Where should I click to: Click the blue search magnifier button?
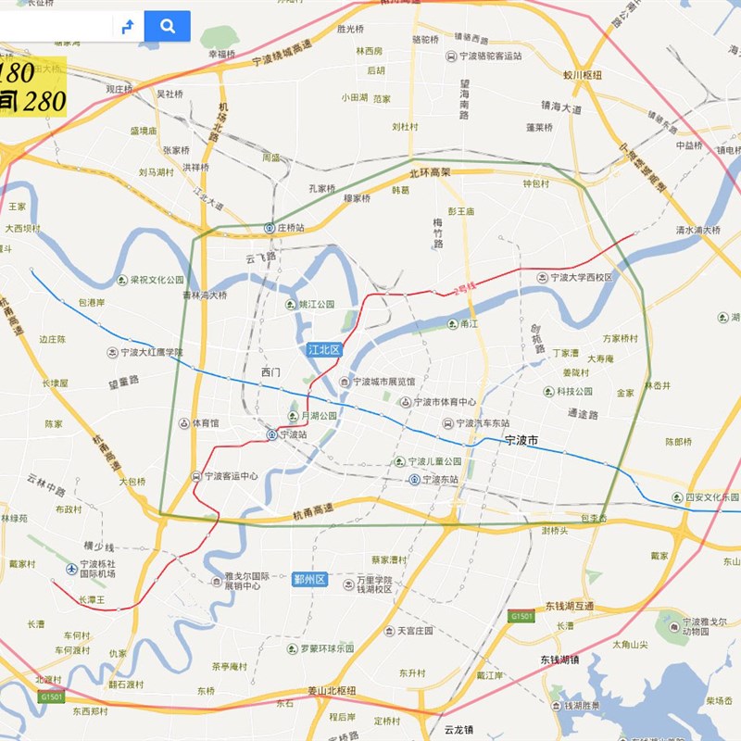pos(168,26)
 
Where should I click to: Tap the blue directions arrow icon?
pos(128,27)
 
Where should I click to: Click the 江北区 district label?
pos(324,349)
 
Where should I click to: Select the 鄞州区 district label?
pos(310,579)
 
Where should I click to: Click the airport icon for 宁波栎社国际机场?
pos(72,568)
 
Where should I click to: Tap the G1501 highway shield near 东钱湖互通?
pos(521,616)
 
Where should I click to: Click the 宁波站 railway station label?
pos(293,434)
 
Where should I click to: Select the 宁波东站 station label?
pos(440,480)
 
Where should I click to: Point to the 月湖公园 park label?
pos(320,416)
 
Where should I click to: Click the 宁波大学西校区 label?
pos(581,277)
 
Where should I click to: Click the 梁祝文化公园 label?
pos(157,280)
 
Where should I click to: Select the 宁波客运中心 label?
pos(231,476)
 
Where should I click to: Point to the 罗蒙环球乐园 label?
pos(326,648)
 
